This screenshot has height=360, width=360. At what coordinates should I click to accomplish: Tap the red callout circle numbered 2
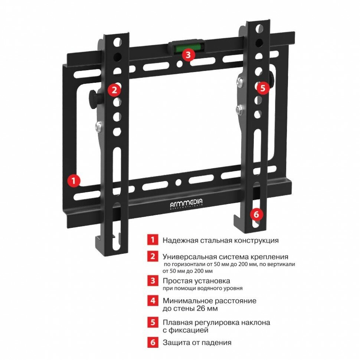[x=114, y=89]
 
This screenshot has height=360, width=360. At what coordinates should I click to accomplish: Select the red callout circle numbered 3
[x=189, y=55]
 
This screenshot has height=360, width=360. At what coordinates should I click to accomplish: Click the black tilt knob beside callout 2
[x=93, y=98]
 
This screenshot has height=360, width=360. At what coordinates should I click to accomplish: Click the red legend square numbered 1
[x=152, y=240]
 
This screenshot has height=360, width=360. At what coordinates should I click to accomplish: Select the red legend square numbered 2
[x=152, y=256]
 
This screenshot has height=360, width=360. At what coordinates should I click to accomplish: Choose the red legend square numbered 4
[x=152, y=300]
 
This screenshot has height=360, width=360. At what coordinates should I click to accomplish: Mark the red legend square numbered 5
[x=152, y=322]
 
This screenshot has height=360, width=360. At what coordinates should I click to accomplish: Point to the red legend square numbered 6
[x=152, y=342]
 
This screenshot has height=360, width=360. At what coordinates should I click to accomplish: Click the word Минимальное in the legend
[x=185, y=300]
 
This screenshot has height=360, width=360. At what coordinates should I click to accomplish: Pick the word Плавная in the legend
[x=176, y=322]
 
